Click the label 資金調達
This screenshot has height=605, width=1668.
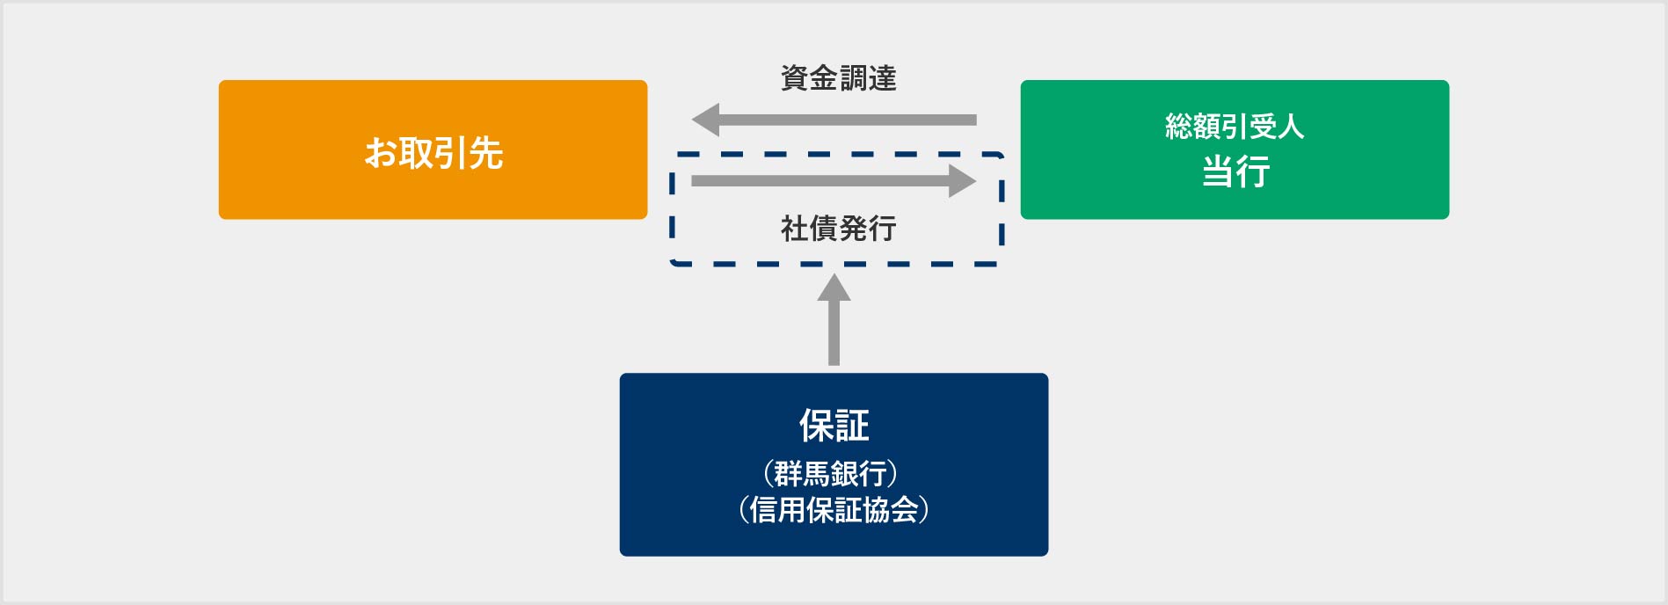tap(838, 78)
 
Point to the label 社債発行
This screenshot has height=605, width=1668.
tap(838, 229)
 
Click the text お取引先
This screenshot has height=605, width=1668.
tap(433, 153)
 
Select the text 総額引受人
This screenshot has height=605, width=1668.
tap(1234, 127)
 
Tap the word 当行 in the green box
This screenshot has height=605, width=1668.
tap(1235, 171)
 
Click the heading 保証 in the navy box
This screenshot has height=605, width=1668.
tap(834, 426)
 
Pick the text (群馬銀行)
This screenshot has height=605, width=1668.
tap(830, 473)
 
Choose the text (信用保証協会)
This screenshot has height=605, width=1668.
tap(834, 509)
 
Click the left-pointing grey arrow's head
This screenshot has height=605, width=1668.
tap(706, 120)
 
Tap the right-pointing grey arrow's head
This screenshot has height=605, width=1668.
tap(962, 181)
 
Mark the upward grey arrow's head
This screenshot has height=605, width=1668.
tap(834, 288)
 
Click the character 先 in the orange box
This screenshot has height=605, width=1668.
tap(486, 153)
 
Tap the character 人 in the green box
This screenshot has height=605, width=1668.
tap(1291, 127)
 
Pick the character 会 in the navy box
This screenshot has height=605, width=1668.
tap(904, 509)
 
